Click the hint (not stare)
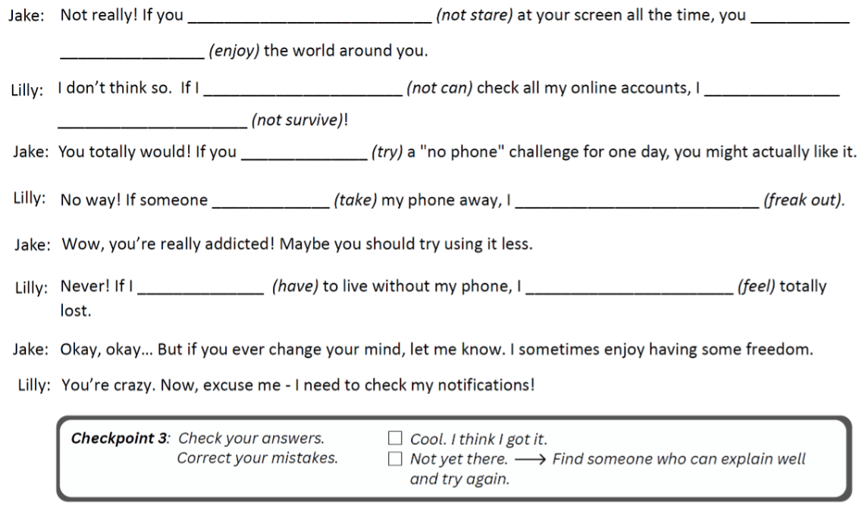[473, 16]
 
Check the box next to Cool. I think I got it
[394, 439]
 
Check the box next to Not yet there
[394, 459]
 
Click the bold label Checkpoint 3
[124, 439]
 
